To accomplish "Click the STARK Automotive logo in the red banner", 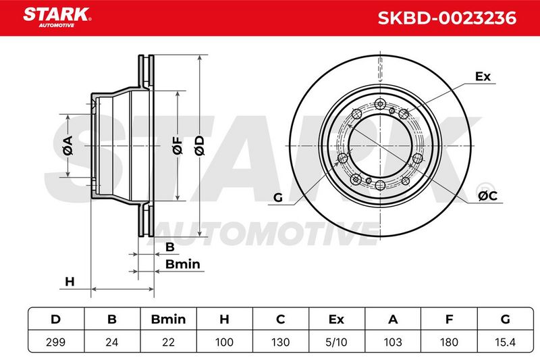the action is (57, 17).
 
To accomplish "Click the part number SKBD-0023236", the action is (447, 18).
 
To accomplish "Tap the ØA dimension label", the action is (68, 145).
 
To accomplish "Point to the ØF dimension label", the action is (178, 145).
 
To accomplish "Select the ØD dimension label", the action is (199, 145).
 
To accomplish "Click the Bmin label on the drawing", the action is (182, 264).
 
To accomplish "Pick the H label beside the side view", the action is (70, 282).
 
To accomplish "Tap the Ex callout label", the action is (483, 76).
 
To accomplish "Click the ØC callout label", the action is (487, 196).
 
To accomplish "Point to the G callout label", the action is (278, 198).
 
